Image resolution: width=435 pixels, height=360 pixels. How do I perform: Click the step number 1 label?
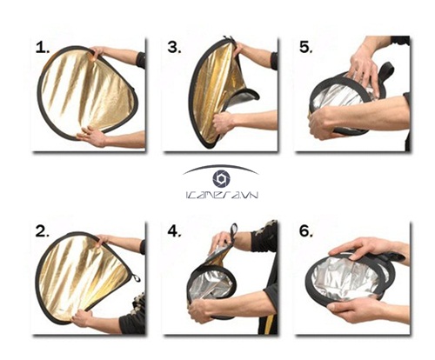point(42,48)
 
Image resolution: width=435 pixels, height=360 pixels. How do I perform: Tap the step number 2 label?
point(43,231)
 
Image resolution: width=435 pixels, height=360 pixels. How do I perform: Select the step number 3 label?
point(174,47)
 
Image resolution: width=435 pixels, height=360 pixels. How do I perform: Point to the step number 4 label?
point(174,231)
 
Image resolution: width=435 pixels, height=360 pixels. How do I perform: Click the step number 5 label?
point(306,47)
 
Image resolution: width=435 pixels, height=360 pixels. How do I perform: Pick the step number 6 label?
point(306,231)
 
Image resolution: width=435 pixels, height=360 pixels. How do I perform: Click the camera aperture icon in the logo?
point(221,179)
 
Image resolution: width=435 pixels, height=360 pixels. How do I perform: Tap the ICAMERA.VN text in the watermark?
point(221,195)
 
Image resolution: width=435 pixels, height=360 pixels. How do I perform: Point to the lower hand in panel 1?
point(92,136)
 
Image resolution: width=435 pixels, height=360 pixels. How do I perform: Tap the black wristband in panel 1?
point(141,60)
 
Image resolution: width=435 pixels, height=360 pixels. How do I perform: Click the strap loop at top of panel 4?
point(234,231)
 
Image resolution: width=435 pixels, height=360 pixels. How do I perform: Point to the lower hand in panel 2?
point(81,318)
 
